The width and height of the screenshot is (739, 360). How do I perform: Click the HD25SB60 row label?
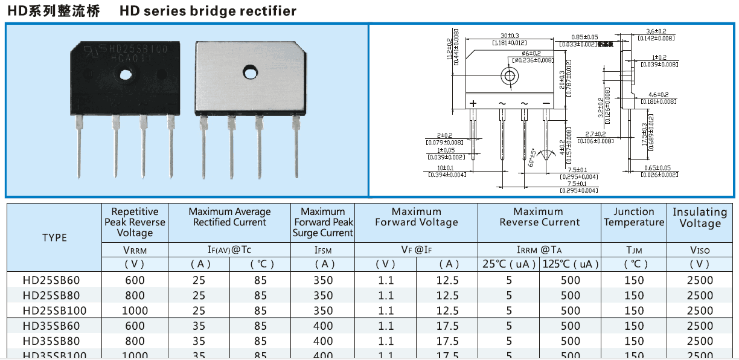[x=51, y=280]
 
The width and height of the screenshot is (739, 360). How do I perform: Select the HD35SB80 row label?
[x=51, y=341]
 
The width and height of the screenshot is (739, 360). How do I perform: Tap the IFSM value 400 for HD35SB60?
[x=323, y=326]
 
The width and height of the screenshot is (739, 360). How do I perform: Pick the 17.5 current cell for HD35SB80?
[x=447, y=341]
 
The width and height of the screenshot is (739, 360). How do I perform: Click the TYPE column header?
[x=54, y=237]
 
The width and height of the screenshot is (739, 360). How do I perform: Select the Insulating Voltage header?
[x=700, y=218]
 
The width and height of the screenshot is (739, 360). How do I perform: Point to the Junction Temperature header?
[x=633, y=217]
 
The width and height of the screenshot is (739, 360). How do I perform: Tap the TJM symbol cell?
[x=634, y=250]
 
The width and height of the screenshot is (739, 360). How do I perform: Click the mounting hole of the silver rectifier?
[x=248, y=71]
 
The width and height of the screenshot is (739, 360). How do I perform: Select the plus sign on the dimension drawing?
[x=473, y=103]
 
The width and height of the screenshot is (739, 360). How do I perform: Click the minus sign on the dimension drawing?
[x=546, y=103]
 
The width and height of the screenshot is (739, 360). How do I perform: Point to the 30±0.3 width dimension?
[x=510, y=36]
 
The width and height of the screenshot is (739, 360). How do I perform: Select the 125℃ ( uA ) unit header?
[x=571, y=264]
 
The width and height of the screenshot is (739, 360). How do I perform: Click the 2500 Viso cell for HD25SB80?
[x=700, y=295]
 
